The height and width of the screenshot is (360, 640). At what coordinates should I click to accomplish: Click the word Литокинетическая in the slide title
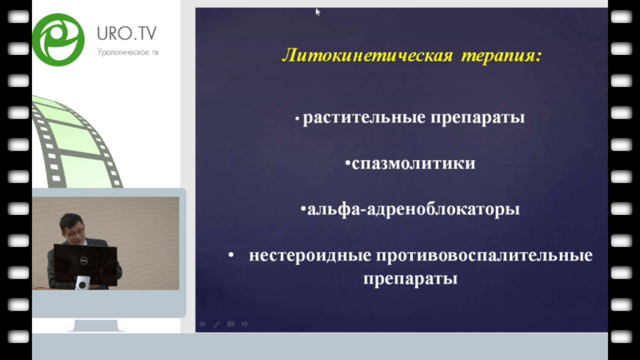(367, 55)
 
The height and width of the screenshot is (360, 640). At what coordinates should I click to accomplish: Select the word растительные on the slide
(364, 117)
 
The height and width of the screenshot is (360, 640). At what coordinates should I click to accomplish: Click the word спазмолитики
(414, 163)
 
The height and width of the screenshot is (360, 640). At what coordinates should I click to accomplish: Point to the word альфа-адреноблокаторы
(413, 209)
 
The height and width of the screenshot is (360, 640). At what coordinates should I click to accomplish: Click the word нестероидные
(310, 256)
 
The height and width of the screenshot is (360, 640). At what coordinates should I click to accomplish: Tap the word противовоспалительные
(484, 256)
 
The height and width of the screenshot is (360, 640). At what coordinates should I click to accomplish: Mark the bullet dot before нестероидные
(231, 255)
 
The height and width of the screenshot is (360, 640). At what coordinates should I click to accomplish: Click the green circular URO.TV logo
(58, 39)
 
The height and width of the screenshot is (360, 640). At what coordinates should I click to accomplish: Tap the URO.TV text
(126, 34)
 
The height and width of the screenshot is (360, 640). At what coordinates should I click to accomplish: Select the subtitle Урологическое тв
(127, 52)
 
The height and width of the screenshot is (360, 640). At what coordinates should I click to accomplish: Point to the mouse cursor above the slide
(317, 12)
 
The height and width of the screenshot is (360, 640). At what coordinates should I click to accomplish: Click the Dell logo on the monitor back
(84, 260)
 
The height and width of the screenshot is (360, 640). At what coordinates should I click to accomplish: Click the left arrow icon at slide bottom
(202, 324)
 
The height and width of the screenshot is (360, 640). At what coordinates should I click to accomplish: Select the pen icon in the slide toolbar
(217, 324)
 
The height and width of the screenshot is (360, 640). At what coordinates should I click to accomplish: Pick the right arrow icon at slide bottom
(245, 324)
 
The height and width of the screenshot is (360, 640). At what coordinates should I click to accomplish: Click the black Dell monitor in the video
(85, 264)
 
